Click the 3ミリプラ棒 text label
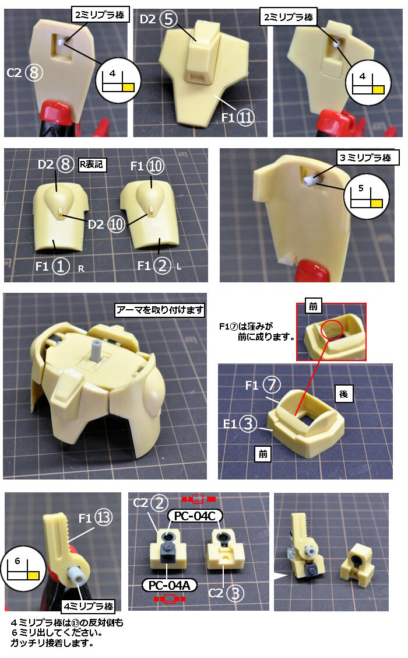(368, 157)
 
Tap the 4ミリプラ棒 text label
(89, 606)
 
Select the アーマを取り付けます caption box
(160, 310)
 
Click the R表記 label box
(92, 164)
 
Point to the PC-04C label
(195, 516)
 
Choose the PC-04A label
(170, 585)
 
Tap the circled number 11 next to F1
(245, 117)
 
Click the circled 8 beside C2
(34, 72)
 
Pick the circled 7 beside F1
(271, 385)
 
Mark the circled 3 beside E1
(248, 424)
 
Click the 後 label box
(344, 394)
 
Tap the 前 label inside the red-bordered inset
(313, 306)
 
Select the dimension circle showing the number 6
(24, 569)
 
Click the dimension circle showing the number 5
(367, 197)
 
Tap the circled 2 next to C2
(160, 503)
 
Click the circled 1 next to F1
(61, 266)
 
